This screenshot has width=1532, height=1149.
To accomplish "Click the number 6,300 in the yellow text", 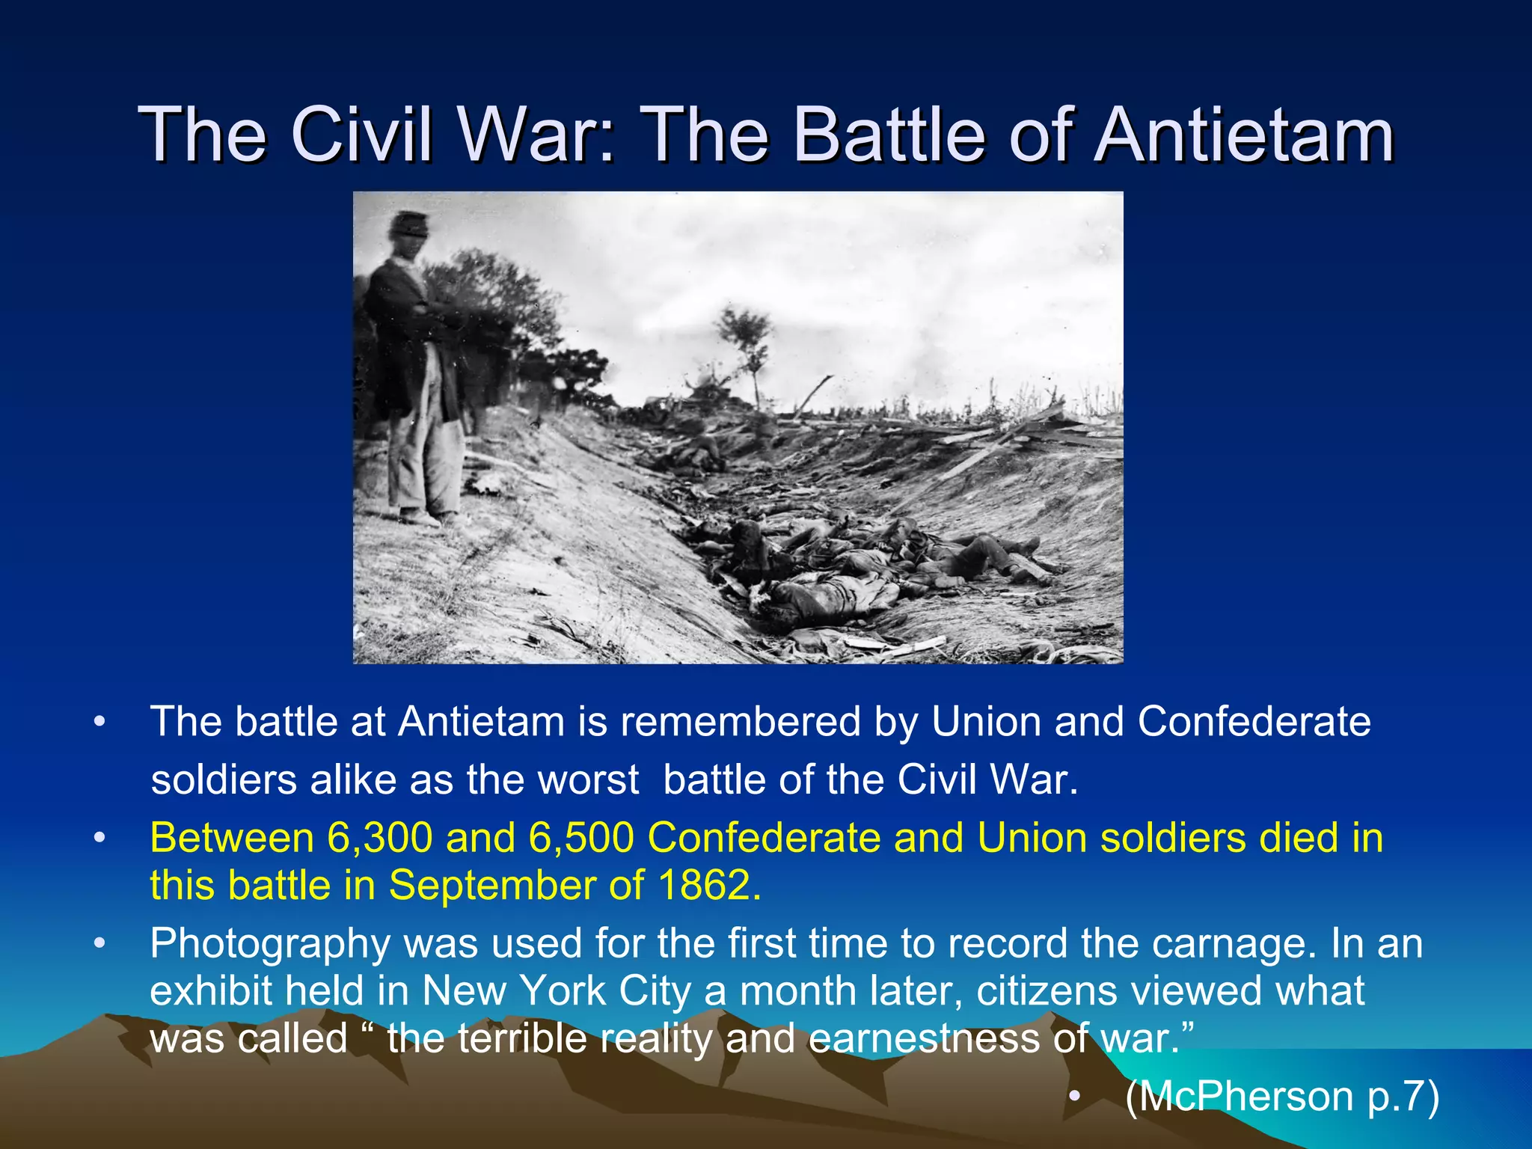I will click(379, 838).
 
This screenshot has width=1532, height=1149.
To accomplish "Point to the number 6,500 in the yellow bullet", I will click(581, 838).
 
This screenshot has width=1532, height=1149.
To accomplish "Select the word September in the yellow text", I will click(491, 886).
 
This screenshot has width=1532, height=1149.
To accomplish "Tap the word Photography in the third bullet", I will click(269, 944).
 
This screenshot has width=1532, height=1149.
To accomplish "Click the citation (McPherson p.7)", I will click(1282, 1097).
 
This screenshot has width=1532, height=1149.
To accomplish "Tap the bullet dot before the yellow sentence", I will click(99, 838).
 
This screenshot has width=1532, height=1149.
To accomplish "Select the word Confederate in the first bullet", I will click(1254, 722).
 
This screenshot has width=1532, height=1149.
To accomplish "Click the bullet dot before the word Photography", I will click(99, 944).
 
